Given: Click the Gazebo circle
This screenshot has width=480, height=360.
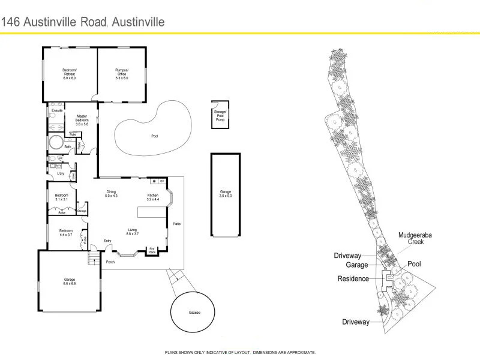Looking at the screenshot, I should [x=192, y=313].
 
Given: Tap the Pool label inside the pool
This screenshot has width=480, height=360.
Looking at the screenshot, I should [x=155, y=136].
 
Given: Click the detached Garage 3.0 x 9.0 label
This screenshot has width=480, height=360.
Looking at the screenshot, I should [x=225, y=194].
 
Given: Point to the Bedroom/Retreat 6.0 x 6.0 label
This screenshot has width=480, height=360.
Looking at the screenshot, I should [x=70, y=74].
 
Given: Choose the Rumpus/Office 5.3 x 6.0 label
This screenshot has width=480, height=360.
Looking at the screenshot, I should [x=122, y=74].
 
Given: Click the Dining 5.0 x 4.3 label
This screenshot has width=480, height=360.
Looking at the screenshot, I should [x=112, y=194].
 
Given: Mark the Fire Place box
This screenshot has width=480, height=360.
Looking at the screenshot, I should [x=152, y=250].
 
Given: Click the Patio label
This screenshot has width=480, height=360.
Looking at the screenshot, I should [x=177, y=224].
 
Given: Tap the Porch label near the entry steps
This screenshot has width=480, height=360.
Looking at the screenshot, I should [x=110, y=262].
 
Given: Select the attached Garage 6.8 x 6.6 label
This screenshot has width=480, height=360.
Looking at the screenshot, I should [x=70, y=281].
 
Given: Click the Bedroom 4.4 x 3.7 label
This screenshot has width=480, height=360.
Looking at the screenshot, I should [x=65, y=233].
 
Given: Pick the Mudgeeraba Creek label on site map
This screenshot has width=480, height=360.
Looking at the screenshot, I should [x=411, y=238].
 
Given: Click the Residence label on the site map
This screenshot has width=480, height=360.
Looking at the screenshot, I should [x=353, y=278].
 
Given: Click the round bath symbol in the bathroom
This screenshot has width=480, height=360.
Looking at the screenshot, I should [x=55, y=144].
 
